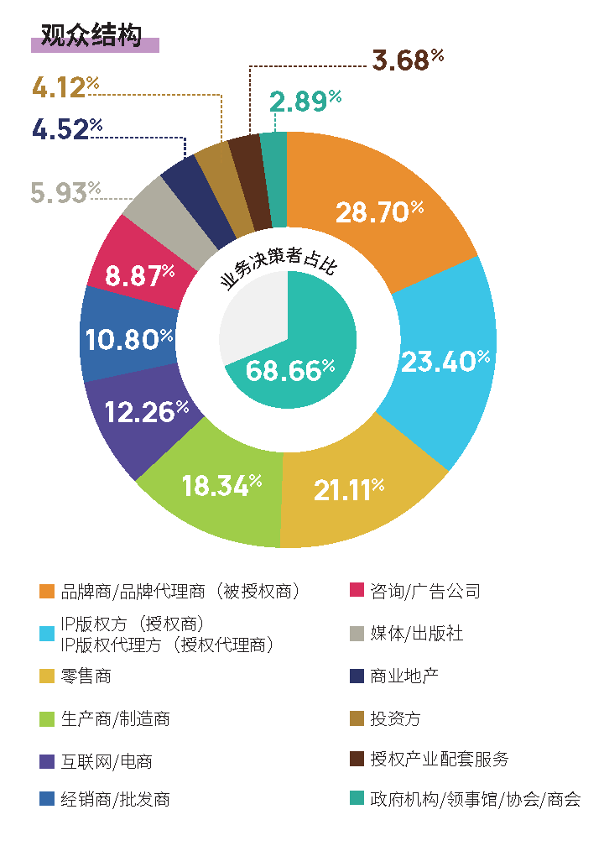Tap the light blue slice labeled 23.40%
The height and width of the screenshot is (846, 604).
click(445, 361)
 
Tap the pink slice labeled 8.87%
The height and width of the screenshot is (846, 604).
click(139, 274)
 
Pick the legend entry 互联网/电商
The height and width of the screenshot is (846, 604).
click(107, 761)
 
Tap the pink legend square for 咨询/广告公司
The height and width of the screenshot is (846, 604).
click(356, 591)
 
